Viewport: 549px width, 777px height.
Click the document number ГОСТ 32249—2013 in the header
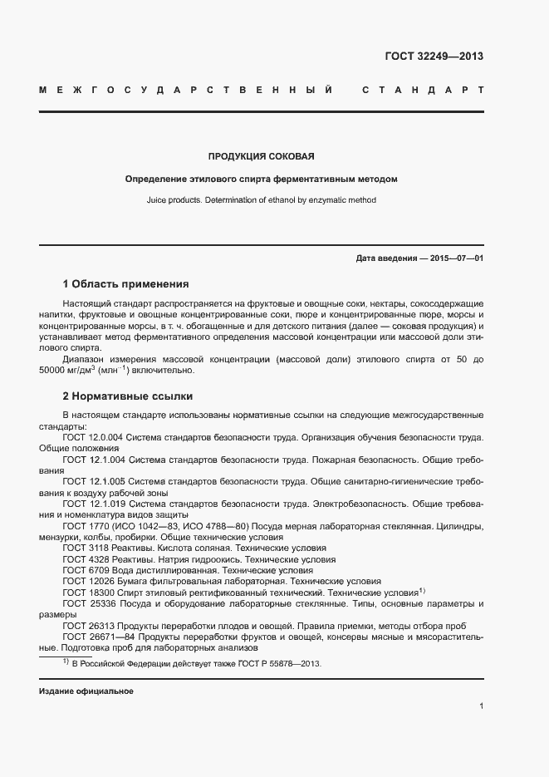434,57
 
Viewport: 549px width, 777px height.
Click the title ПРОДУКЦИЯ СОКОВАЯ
261,156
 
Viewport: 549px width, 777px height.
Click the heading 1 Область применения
125,283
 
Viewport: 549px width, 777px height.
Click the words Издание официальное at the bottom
86,691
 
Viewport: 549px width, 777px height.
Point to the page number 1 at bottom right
481,706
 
